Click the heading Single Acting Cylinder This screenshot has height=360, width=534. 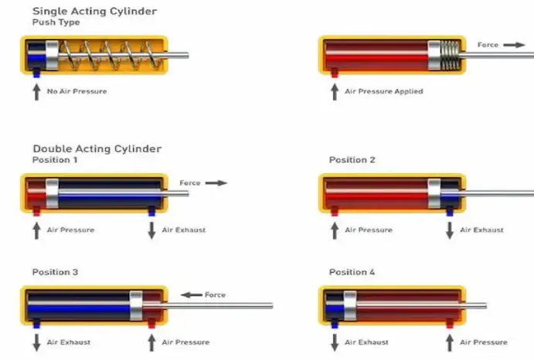tap(94, 11)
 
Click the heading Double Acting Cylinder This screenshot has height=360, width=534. tap(97, 148)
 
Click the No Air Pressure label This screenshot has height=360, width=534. tap(77, 91)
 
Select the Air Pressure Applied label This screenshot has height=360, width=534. tap(383, 91)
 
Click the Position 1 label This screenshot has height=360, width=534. tap(55, 160)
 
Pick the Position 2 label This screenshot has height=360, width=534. tap(352, 160)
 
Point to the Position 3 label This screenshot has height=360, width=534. tap(55, 272)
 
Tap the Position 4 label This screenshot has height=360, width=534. tap(352, 272)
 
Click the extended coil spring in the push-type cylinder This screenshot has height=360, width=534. tap(108, 54)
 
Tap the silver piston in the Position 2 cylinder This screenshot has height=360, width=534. tap(434, 193)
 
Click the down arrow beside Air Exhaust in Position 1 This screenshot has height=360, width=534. tap(151, 229)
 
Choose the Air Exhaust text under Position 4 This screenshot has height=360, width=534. tap(366, 342)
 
